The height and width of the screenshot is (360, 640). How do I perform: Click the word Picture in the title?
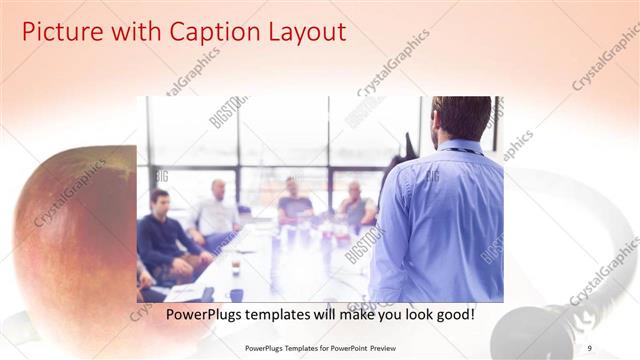pos(61,32)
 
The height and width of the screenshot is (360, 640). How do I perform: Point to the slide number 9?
pos(590,346)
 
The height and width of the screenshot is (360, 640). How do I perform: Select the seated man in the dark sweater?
pos(165,240)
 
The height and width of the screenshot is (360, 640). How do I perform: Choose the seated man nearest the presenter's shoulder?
pos(355,205)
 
